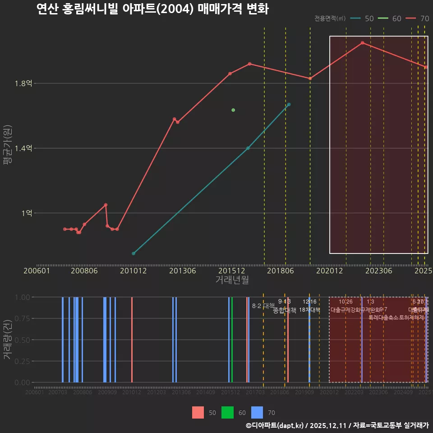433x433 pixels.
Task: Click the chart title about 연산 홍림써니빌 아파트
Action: click(x=152, y=9)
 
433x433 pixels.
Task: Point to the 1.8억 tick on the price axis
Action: click(x=23, y=83)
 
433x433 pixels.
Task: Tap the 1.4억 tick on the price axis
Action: click(x=23, y=148)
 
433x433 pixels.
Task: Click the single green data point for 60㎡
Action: click(x=233, y=110)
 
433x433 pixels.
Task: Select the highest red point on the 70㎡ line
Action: click(x=362, y=43)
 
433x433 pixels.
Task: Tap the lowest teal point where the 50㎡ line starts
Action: click(x=134, y=253)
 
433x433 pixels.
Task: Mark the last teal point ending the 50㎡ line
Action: click(x=289, y=105)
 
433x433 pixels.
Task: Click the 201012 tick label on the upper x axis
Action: click(x=133, y=271)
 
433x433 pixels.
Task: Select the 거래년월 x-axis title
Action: click(x=232, y=280)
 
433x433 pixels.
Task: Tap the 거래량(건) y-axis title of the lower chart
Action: click(x=8, y=340)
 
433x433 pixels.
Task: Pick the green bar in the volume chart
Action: click(x=232, y=340)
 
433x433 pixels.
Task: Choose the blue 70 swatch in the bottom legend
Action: click(x=257, y=412)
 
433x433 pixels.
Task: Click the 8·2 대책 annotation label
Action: click(x=263, y=306)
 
